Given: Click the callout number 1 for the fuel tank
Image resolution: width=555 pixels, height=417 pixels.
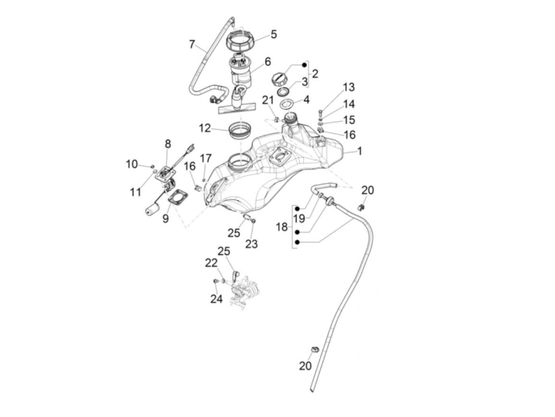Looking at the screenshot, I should [x=360, y=151].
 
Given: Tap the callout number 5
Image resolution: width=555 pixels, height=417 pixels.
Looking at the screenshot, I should [x=274, y=34].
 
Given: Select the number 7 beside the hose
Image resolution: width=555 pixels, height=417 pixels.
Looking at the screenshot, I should [x=192, y=44].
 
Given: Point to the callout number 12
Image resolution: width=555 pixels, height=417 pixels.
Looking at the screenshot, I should [x=205, y=128].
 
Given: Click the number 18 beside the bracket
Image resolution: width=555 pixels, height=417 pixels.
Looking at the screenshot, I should [x=281, y=227].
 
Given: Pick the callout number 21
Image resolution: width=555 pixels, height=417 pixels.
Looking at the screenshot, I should [x=268, y=101].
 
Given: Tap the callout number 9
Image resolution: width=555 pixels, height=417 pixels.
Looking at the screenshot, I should [x=165, y=218].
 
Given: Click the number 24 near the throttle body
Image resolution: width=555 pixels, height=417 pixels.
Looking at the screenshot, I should [x=216, y=298].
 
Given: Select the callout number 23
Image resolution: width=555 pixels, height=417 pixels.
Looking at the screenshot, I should [x=251, y=244].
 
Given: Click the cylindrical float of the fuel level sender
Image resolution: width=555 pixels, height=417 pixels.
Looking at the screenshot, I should [x=151, y=210].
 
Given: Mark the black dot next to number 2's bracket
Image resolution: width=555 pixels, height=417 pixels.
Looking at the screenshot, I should [x=304, y=64].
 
